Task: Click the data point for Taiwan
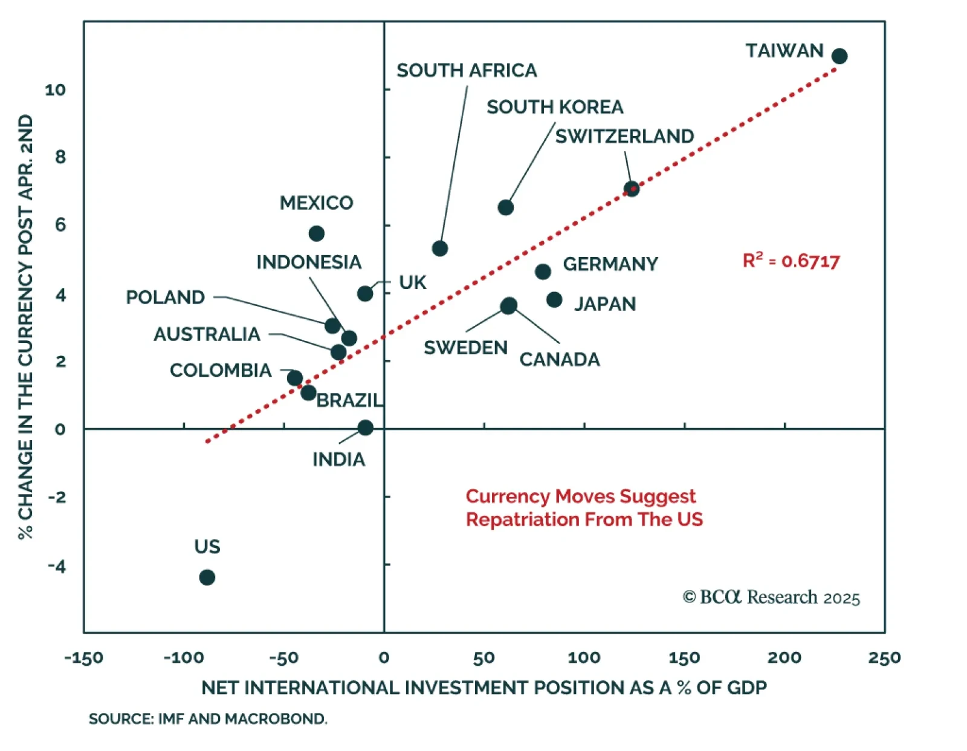point(839,56)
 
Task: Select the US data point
point(207,577)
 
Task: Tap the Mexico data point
point(316,233)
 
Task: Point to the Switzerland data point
point(632,189)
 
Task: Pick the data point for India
point(365,428)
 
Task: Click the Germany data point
point(543,271)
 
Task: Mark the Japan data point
point(554,299)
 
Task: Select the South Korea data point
point(505,207)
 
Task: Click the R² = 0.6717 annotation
point(791,261)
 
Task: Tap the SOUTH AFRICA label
point(467,71)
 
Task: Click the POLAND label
point(165,297)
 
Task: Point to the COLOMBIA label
point(221,370)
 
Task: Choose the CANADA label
point(560,360)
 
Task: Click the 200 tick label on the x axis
point(784,657)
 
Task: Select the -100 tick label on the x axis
point(184,657)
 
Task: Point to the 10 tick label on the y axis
point(56,90)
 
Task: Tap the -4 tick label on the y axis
point(57,567)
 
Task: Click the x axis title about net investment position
point(483,688)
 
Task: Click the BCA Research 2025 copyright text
point(771,597)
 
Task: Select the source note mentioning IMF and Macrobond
point(208,719)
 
